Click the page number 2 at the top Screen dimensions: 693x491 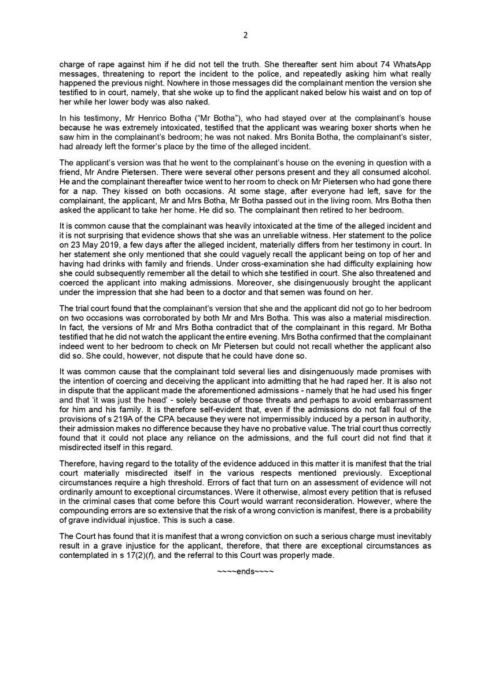pos(245,35)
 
